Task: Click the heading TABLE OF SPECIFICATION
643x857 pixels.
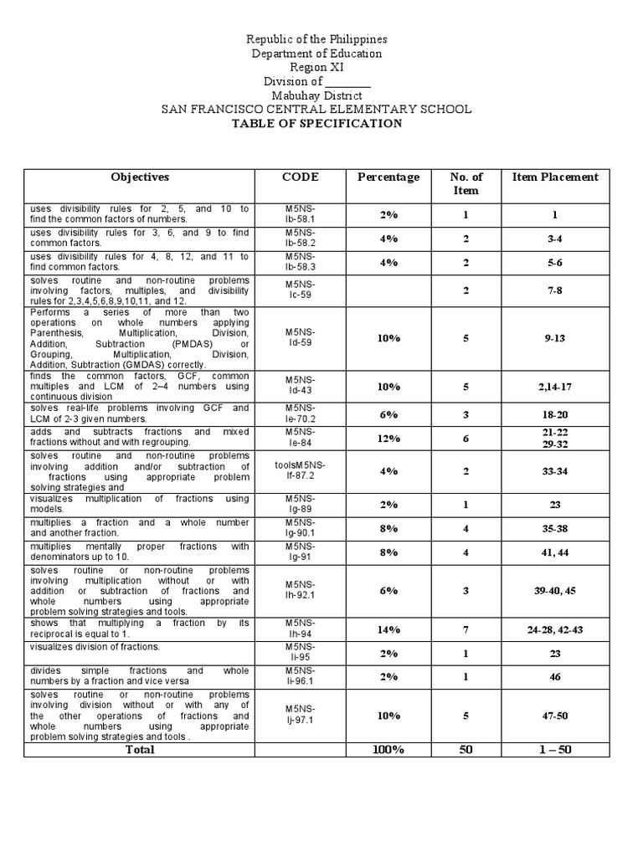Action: click(x=316, y=124)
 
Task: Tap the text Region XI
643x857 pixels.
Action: click(x=316, y=68)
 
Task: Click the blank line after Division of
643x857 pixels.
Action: click(x=347, y=82)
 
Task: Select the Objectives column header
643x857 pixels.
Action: click(x=140, y=177)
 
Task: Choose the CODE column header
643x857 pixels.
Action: click(x=300, y=177)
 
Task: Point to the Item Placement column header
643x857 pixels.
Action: click(x=555, y=177)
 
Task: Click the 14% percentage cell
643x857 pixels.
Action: click(x=388, y=630)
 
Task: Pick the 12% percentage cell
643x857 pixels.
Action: click(x=388, y=439)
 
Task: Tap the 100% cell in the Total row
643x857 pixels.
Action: click(x=388, y=750)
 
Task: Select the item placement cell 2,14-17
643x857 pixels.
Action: click(x=555, y=387)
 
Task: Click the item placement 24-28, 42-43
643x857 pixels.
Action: click(x=555, y=630)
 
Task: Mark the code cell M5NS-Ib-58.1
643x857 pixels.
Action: click(x=300, y=214)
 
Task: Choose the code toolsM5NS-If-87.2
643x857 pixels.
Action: click(x=300, y=470)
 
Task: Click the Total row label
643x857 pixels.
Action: click(x=140, y=750)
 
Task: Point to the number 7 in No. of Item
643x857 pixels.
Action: click(x=466, y=630)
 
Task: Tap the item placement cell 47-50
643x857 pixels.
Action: click(x=555, y=716)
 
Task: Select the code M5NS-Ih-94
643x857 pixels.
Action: click(x=300, y=629)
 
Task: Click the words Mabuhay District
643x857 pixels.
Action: click(x=316, y=95)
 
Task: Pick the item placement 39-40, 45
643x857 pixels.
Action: click(x=555, y=591)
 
